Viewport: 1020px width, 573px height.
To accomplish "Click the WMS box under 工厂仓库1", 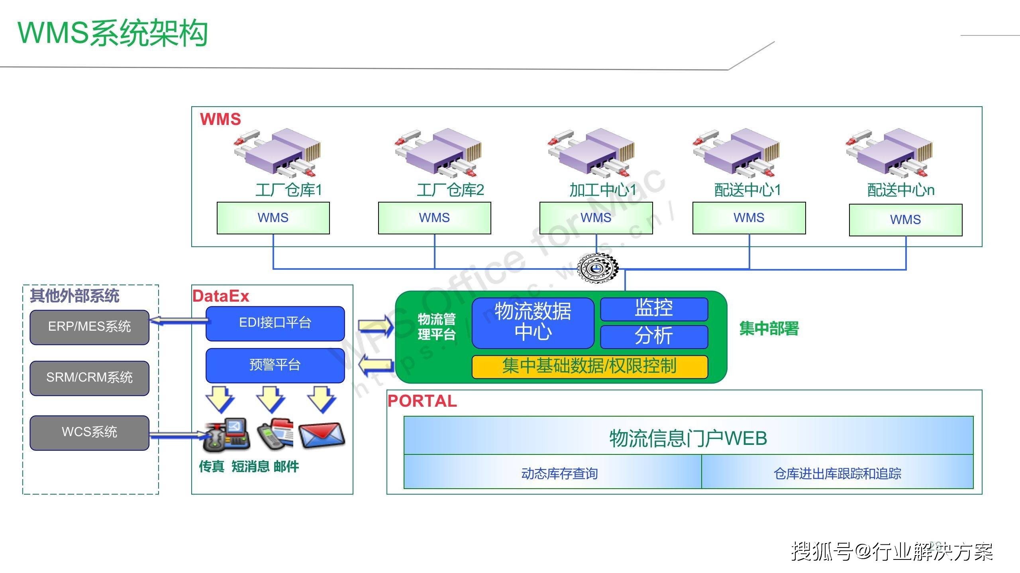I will (273, 218).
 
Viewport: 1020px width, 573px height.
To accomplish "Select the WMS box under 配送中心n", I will (905, 220).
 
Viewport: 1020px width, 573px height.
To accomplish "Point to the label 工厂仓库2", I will (450, 190).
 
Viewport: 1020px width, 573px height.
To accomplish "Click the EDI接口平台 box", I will (275, 323).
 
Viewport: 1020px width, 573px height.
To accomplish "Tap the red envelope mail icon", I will (322, 436).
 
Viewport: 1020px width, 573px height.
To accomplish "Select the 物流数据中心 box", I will (533, 322).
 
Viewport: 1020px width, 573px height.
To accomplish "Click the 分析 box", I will (654, 336).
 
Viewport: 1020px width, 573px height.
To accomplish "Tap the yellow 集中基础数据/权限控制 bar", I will (590, 366).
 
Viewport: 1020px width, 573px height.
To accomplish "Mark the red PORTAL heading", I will (422, 401).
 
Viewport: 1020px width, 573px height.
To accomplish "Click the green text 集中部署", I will (769, 329).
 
